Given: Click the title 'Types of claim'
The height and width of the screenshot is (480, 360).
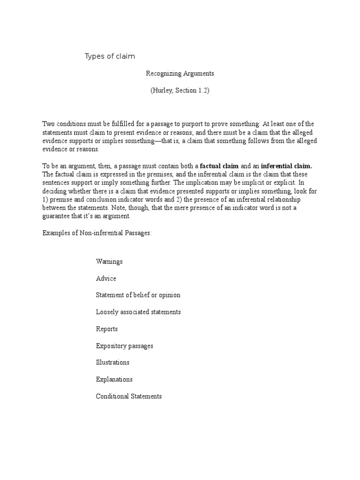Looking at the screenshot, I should click(x=110, y=57).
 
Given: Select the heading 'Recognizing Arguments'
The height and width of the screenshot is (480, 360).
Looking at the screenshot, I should click(x=180, y=74).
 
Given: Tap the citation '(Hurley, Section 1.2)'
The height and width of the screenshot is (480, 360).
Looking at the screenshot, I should click(x=180, y=90).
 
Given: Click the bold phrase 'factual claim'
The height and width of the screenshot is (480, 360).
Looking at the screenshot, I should click(x=219, y=166).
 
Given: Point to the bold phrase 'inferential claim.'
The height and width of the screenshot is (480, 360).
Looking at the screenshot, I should click(x=286, y=166).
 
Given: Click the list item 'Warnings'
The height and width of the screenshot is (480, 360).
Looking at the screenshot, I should click(x=109, y=262).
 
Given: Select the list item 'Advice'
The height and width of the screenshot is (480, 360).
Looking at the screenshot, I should click(x=106, y=278).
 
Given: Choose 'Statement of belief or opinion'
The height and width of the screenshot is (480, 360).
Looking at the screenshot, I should click(x=138, y=295).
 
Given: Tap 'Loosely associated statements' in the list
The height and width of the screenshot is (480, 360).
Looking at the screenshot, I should click(x=138, y=312).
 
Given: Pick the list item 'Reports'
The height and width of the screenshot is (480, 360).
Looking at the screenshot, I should click(x=107, y=329).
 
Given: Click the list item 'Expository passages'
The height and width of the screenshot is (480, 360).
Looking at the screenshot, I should click(x=125, y=345).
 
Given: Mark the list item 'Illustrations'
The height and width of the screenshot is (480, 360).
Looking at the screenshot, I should click(x=112, y=362).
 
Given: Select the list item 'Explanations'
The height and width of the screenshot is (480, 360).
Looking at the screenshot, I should click(x=114, y=379).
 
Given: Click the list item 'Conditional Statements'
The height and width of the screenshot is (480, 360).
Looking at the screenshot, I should click(x=129, y=396).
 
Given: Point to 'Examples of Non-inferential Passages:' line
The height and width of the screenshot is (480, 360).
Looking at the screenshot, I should click(x=97, y=233).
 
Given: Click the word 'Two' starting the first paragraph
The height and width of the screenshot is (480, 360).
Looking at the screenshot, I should click(x=49, y=124).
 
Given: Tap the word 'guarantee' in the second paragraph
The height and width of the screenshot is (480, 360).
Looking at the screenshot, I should click(x=58, y=216).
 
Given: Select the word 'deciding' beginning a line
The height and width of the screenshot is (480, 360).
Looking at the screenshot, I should click(x=55, y=191).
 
